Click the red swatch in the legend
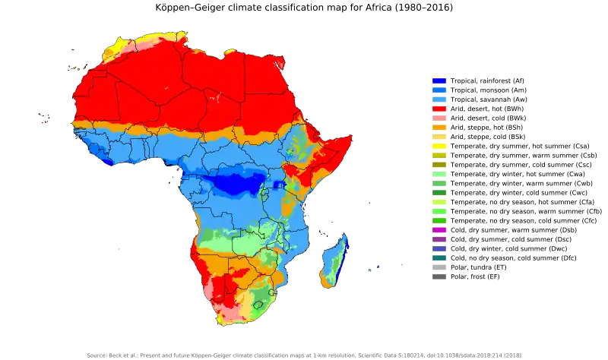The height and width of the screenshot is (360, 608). point(440,109)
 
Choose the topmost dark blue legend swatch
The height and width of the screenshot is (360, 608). point(440,80)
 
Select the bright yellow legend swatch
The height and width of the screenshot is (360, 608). point(440,147)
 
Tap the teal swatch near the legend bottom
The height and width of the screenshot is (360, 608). point(440,257)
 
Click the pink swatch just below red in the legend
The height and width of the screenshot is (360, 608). point(440,119)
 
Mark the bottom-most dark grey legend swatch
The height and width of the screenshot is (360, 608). point(440,276)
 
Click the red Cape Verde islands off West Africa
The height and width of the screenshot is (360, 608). point(44,118)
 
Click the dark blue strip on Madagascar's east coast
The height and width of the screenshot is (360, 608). point(344,251)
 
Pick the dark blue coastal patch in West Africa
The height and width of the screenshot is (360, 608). point(108,161)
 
